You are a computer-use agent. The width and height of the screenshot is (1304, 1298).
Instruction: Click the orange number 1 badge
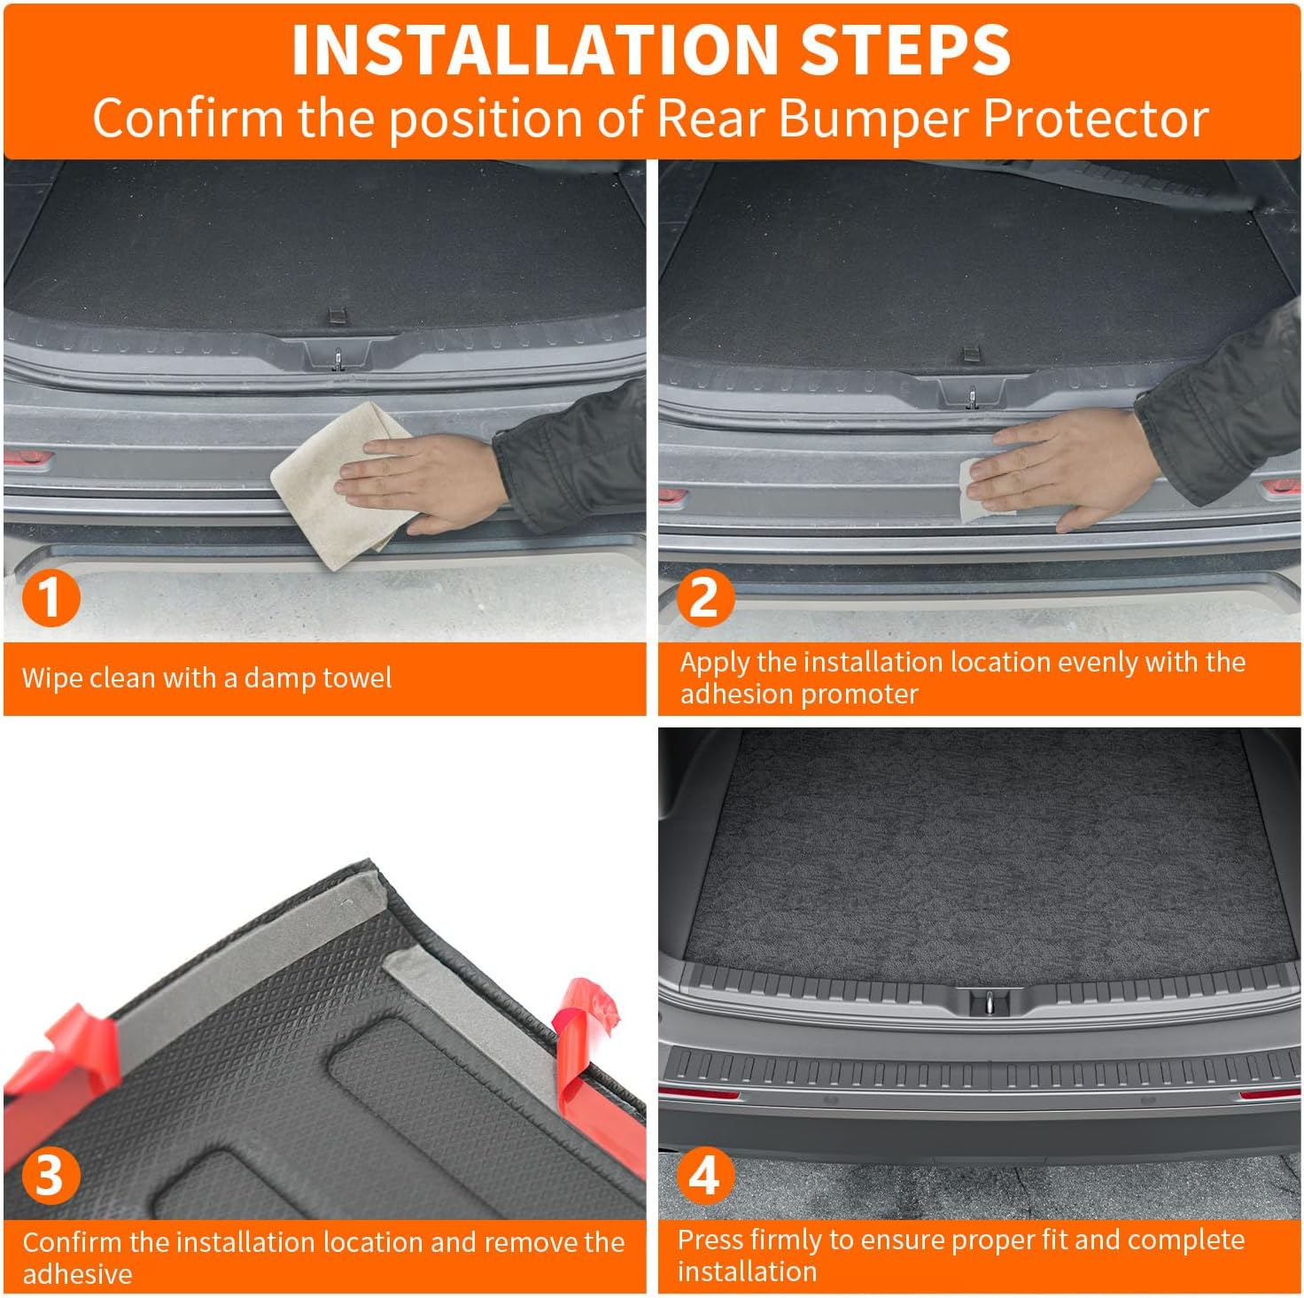50,598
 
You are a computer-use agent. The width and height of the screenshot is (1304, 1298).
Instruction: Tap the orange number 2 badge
705,598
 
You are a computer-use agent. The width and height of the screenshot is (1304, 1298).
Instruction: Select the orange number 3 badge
50,1176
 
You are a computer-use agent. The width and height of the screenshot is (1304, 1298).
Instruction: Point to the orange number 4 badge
705,1176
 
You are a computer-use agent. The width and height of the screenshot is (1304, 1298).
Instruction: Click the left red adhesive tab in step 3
66,1054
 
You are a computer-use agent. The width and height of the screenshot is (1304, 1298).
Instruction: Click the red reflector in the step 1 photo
28,459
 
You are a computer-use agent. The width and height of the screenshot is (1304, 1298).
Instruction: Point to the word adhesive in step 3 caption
78,1274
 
